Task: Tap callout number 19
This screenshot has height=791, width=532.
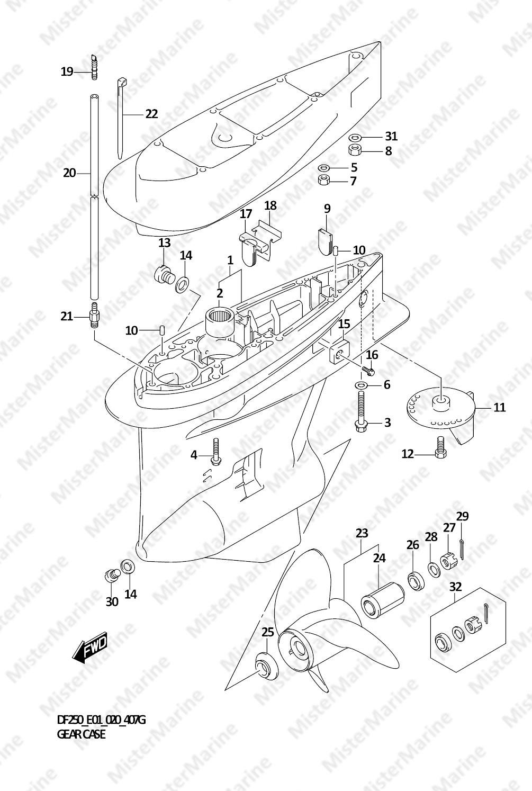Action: tap(67, 71)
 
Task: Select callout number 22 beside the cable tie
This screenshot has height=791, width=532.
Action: tap(151, 114)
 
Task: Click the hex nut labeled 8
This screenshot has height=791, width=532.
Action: tap(355, 150)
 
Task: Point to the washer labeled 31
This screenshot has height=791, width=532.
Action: tap(356, 137)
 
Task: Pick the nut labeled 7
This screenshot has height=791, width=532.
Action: tap(324, 181)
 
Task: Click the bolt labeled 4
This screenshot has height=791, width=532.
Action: tap(215, 452)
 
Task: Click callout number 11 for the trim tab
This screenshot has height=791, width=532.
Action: tap(499, 408)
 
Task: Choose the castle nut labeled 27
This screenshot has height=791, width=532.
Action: tap(448, 561)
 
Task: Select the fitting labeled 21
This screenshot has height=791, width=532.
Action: tap(95, 316)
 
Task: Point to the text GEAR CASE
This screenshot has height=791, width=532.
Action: tap(81, 734)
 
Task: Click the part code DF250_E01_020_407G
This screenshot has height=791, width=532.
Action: tap(101, 720)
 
